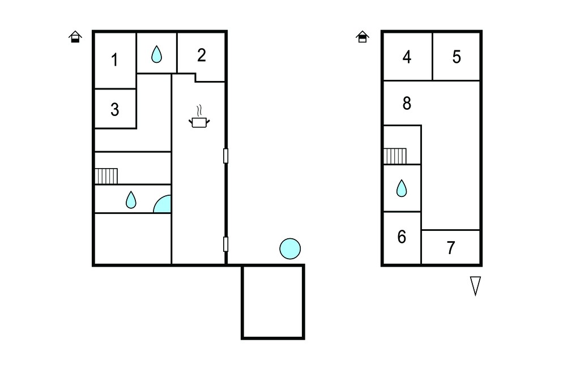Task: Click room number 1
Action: [114, 60]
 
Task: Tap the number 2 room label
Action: [201, 55]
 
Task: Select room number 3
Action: [114, 109]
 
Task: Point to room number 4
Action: [407, 57]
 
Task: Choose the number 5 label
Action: [457, 57]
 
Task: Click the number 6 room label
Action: [402, 237]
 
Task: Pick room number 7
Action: [450, 248]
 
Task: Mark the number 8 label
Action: [407, 103]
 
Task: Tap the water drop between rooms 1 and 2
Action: [156, 54]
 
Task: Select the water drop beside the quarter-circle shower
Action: [131, 200]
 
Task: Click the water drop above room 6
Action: [402, 188]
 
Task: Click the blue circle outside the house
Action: [290, 248]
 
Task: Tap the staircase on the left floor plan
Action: [106, 176]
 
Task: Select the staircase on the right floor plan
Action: [395, 156]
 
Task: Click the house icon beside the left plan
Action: [75, 37]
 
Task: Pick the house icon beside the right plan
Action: [362, 37]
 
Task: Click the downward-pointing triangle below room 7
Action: [475, 286]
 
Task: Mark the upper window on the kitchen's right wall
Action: [225, 156]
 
